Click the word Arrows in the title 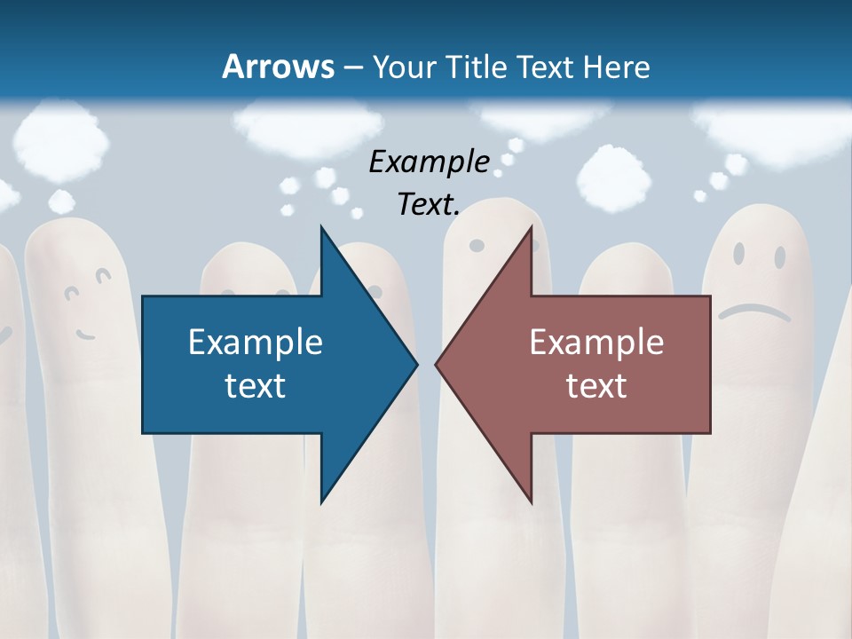coord(277,67)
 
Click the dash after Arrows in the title coord(352,67)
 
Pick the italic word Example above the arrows coord(429,162)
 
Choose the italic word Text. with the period coord(429,205)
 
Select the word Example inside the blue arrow coord(256,342)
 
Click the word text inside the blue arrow coord(256,386)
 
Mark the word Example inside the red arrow coord(596,342)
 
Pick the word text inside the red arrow coord(596,386)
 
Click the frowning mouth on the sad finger coord(754,311)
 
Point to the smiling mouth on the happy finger coord(85,335)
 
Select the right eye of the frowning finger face coord(779,257)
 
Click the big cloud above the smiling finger coord(62,138)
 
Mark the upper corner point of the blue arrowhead coord(321,227)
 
